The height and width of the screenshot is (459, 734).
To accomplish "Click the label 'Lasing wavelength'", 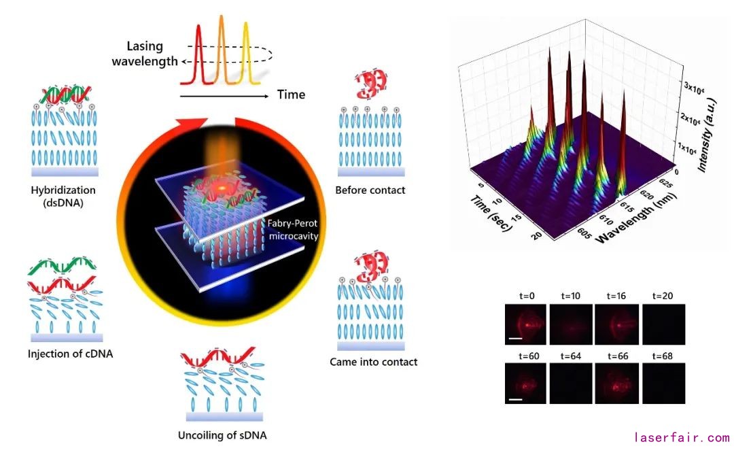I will coord(152,54).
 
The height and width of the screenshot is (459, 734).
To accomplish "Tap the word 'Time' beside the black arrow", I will coord(291,95).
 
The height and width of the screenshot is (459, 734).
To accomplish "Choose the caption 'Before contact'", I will coord(370,190).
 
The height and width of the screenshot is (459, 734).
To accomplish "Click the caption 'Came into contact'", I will coord(374,362).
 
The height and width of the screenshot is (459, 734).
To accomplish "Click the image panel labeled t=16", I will coord(616,323).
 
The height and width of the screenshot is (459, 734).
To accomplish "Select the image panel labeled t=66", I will coord(616,383).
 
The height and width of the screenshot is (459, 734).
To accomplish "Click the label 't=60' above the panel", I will coord(527,356).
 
